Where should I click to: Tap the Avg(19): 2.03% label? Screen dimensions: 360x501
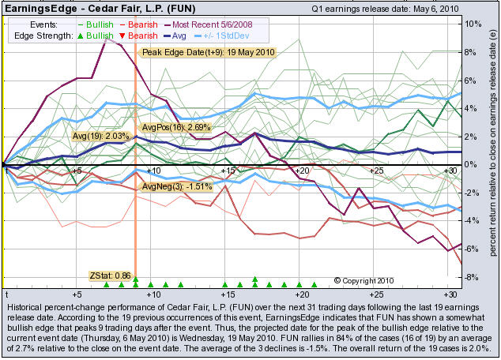coord(100,136)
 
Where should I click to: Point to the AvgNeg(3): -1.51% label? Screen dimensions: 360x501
coord(176,186)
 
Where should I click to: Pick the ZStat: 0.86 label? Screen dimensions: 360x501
coord(109,276)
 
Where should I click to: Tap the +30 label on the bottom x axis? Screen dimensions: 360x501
coord(449,292)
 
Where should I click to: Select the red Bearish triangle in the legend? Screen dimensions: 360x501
coord(125,36)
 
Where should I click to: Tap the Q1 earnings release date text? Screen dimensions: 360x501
coord(376,8)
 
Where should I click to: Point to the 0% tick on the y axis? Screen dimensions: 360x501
coord(472,164)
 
